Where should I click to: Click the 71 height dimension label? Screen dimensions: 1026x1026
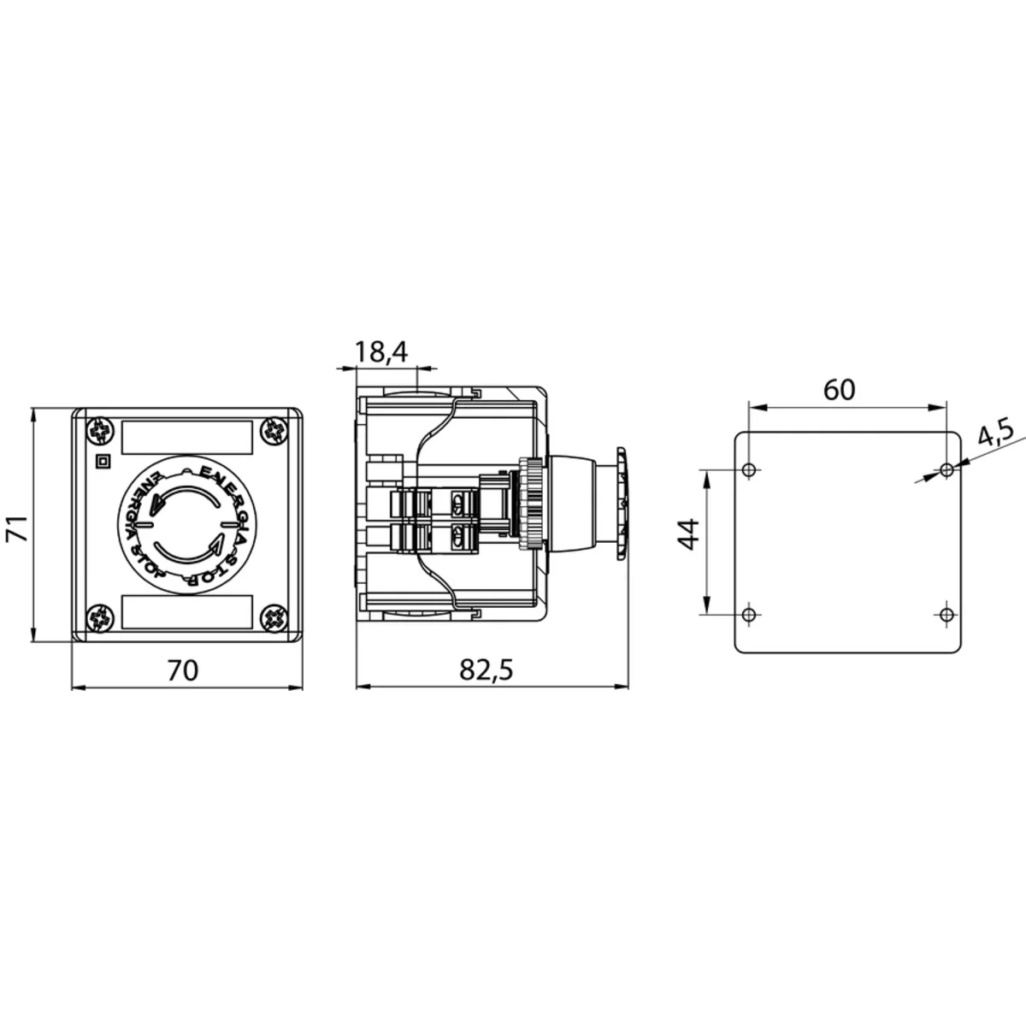(x=18, y=528)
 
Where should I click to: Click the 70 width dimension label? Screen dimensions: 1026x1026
(x=183, y=670)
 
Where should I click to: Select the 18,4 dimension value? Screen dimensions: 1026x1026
(x=381, y=352)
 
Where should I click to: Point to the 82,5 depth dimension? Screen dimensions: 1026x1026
(x=486, y=670)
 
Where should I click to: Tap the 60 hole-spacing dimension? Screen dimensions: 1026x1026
(x=840, y=390)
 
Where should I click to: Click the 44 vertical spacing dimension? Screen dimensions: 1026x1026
(x=689, y=534)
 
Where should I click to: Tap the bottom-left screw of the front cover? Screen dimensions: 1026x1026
(x=100, y=618)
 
